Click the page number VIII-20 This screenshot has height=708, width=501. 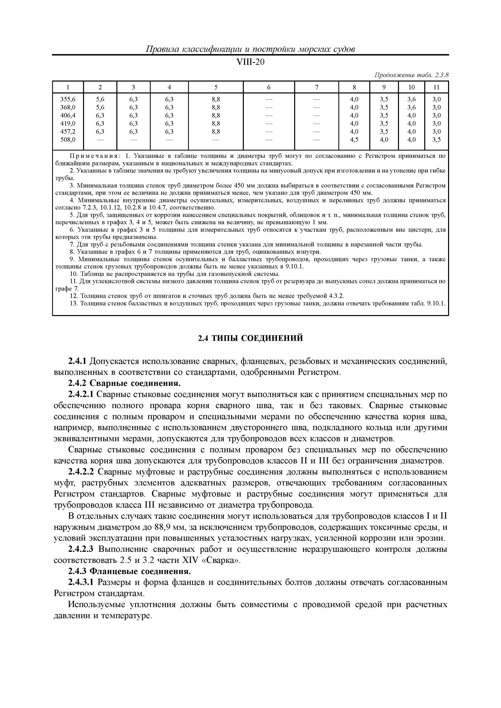point(250,62)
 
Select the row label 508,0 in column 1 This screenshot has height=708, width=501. point(68,139)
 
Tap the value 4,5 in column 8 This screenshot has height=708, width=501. point(354,139)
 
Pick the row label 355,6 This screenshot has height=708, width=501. point(68,99)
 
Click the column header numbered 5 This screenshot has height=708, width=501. point(216,87)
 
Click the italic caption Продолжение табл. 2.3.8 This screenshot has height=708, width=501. point(411,75)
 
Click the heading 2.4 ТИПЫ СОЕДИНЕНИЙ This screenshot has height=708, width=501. point(250,338)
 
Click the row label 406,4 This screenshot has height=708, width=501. point(68,115)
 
